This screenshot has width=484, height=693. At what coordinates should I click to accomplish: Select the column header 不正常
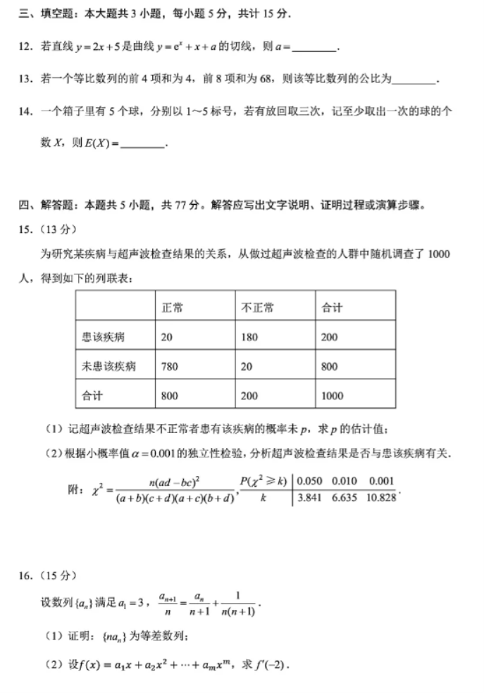(x=258, y=308)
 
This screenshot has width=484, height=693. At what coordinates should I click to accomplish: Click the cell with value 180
(x=249, y=337)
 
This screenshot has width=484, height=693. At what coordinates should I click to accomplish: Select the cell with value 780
(x=170, y=366)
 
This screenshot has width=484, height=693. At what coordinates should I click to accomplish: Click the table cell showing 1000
(x=333, y=396)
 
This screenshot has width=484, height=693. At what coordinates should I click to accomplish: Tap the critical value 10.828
(x=380, y=497)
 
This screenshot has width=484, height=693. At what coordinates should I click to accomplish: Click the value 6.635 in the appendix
(x=345, y=497)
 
